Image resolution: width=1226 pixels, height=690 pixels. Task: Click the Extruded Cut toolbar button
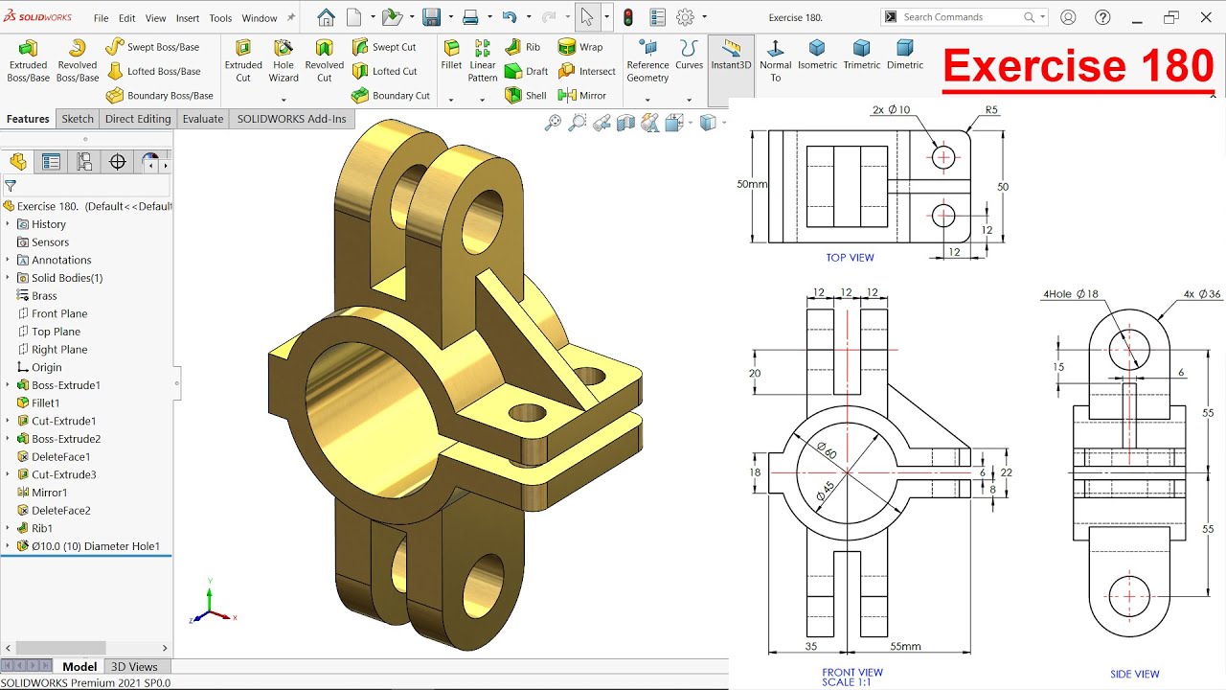tap(243, 58)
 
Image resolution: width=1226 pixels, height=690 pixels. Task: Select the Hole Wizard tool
tap(284, 58)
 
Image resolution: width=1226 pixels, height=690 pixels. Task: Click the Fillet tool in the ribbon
tap(451, 56)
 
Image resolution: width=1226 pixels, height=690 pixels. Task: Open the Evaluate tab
tap(203, 119)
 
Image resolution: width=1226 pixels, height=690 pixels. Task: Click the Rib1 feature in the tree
tap(42, 528)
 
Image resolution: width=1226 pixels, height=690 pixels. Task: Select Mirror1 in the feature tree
tap(49, 493)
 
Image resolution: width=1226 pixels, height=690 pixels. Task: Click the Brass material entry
tap(44, 296)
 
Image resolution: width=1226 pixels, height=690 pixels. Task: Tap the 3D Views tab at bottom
tap(134, 667)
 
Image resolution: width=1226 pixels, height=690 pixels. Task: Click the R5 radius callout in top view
tap(991, 110)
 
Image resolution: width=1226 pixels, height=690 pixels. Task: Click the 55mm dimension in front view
tap(905, 647)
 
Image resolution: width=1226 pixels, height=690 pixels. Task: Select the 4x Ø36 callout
tap(1202, 294)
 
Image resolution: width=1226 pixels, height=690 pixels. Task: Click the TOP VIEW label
tap(850, 258)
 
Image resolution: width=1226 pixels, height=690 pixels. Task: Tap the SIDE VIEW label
tap(1134, 674)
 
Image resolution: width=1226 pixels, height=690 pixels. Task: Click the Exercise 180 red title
tap(1078, 66)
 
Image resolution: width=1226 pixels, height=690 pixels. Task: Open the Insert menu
tap(188, 18)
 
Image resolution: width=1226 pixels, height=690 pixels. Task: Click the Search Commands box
tap(961, 17)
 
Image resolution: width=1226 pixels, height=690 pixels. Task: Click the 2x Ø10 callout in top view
tap(891, 110)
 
